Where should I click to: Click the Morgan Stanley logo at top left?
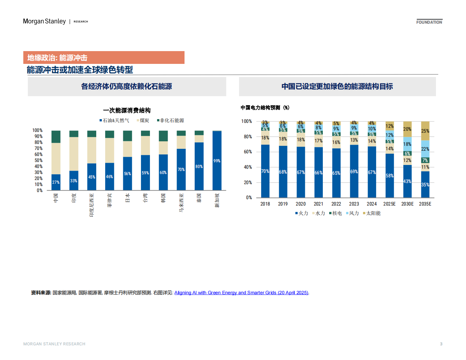coord(44,21)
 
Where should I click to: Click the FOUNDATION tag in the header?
coord(429,22)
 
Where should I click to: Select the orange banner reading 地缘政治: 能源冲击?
coord(104,57)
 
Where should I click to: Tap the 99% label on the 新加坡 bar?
coord(217,161)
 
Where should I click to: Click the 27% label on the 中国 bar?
coord(56,182)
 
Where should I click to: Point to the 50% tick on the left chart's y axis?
coord(38,160)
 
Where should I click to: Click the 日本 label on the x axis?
coord(127,198)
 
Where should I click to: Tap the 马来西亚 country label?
coord(181,203)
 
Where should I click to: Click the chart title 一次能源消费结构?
coord(127,110)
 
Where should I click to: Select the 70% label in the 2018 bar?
coord(265,171)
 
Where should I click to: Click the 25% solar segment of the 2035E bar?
coord(425,131)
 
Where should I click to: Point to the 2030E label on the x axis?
coord(407,204)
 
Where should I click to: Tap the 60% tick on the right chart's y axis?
coord(248,152)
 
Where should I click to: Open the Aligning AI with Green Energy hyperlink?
coord(241,293)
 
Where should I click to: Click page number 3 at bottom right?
coord(441,344)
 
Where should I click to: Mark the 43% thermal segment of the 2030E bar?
coord(407,181)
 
